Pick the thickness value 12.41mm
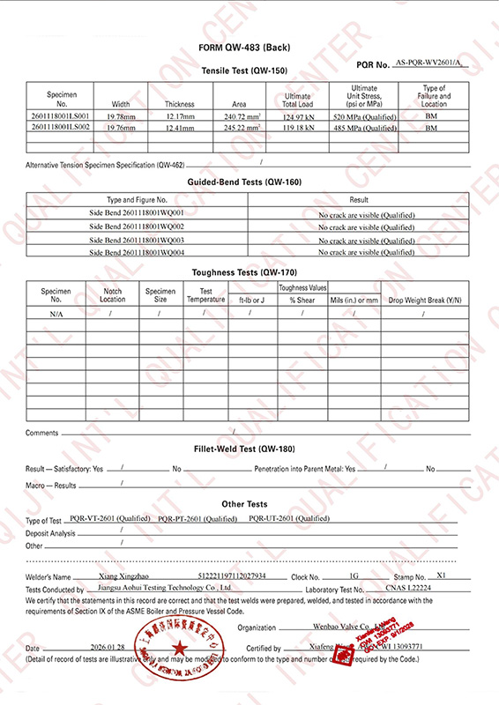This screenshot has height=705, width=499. click(x=179, y=128)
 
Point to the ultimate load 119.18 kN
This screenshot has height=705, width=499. click(x=298, y=128)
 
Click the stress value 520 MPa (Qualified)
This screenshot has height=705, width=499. click(x=364, y=116)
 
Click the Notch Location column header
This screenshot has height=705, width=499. click(x=113, y=295)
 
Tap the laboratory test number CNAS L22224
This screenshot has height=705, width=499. click(x=411, y=588)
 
